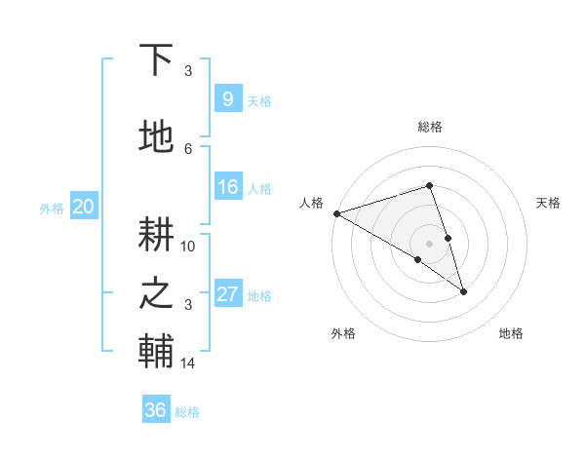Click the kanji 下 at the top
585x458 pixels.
[x=156, y=59]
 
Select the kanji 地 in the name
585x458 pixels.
[x=156, y=137]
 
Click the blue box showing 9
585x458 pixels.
[x=227, y=98]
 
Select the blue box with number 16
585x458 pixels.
[x=227, y=187]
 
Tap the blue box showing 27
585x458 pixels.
[x=227, y=294]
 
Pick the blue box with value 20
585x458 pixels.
[x=84, y=206]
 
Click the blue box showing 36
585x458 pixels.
[x=156, y=410]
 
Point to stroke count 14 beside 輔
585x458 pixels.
[x=188, y=363]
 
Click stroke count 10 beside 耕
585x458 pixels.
[x=188, y=246]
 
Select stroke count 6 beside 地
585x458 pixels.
[x=188, y=148]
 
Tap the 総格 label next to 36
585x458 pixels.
[x=187, y=412]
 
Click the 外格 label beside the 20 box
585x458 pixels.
[x=52, y=208]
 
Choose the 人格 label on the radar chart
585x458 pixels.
[x=311, y=203]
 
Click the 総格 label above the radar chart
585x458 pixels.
[x=429, y=127]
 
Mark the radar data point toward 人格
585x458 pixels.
[x=336, y=213]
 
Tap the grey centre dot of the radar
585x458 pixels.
[x=429, y=243]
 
